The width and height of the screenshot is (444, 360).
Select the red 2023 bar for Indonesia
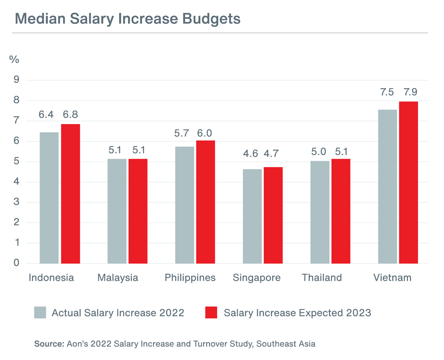(70, 193)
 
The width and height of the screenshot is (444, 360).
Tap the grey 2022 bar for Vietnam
(387, 186)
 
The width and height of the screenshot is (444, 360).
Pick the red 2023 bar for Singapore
(273, 215)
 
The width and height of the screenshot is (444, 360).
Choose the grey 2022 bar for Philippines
(185, 205)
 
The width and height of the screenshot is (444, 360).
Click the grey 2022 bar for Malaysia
(117, 211)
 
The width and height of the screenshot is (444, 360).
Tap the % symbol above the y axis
(14, 60)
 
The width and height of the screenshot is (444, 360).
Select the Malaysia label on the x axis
(117, 278)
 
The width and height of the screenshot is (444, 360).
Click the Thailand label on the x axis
(322, 278)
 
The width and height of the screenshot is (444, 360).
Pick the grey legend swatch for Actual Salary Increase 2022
(40, 312)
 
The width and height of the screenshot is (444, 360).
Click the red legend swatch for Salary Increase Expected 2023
(212, 312)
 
